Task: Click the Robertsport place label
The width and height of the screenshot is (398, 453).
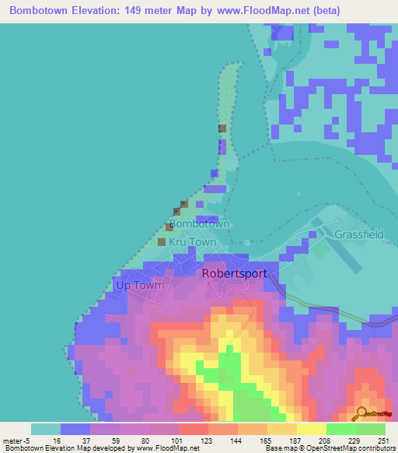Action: (234, 274)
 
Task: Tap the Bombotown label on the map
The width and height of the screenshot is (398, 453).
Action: (199, 223)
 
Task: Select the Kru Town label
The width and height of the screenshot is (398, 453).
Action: (193, 242)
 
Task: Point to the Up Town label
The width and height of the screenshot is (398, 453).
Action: (140, 285)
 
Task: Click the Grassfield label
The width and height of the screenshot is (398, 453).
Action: (359, 234)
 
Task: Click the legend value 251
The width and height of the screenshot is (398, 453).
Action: (377, 441)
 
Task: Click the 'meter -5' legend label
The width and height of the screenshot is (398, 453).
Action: (16, 441)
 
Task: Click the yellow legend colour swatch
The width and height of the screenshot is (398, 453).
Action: (312, 429)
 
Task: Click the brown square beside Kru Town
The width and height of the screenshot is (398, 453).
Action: (162, 242)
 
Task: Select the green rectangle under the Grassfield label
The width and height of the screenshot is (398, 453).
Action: (320, 250)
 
